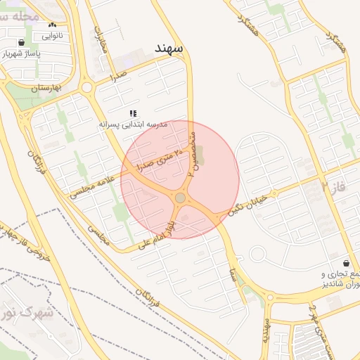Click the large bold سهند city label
[x=169, y=49]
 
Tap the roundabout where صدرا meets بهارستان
[x=87, y=88]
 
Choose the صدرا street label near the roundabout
[x=117, y=75]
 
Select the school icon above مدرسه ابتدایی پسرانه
[x=133, y=113]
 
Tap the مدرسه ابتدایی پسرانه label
[x=133, y=124]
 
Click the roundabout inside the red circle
[x=181, y=198]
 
